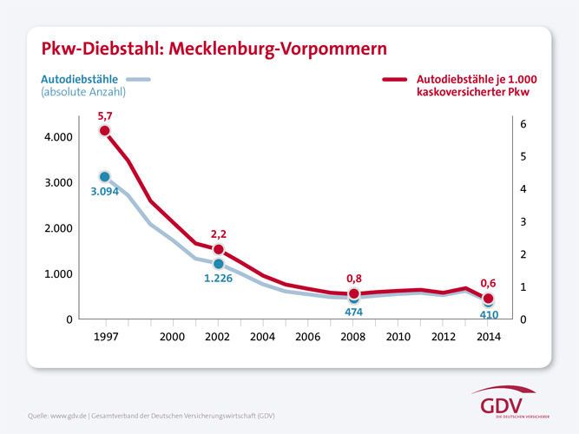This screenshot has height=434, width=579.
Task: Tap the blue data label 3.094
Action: [105, 192]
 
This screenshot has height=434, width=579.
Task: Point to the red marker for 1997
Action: [105, 130]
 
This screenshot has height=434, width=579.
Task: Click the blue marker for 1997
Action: [105, 177]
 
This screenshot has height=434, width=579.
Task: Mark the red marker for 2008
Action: [353, 294]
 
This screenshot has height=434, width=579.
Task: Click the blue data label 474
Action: [353, 312]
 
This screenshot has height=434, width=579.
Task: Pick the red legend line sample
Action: [400, 79]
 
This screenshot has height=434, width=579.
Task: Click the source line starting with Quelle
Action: [152, 416]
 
